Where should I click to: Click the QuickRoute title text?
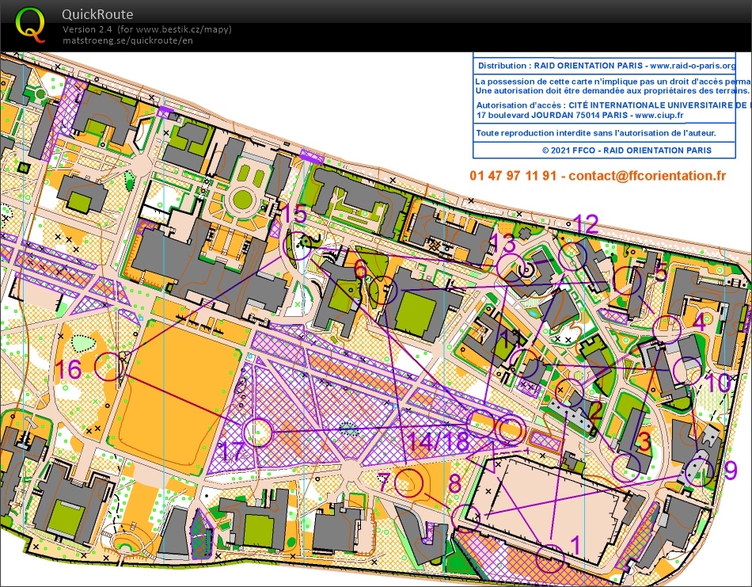[x=97, y=14]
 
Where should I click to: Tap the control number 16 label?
[x=69, y=369]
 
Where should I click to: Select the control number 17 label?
[x=232, y=452]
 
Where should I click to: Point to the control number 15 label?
[x=294, y=214]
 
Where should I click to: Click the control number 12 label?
[x=587, y=223]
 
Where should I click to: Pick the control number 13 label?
[x=503, y=242]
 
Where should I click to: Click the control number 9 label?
[x=730, y=469]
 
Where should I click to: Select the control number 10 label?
[x=719, y=383]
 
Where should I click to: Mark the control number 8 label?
[x=454, y=482]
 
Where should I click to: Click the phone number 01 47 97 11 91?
[x=514, y=175]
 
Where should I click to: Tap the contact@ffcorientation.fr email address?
[x=647, y=175]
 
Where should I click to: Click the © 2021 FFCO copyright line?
[x=626, y=150]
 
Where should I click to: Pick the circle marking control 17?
[x=258, y=433]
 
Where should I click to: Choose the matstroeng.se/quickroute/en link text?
[x=127, y=40]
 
